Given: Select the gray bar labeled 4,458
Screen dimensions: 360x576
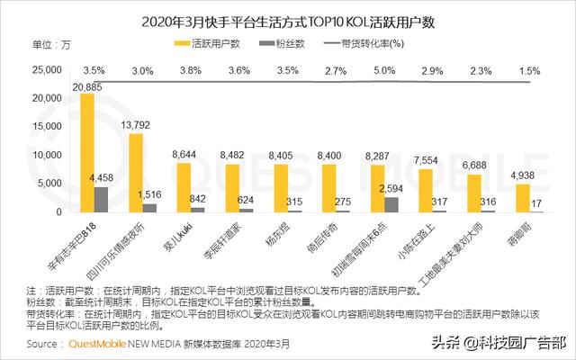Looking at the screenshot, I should (x=101, y=199).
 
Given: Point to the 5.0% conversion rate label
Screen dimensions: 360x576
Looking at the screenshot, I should (x=385, y=70).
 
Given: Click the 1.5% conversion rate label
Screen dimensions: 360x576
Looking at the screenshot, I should (x=530, y=70).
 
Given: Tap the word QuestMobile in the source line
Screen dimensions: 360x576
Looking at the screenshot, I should (x=92, y=344).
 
